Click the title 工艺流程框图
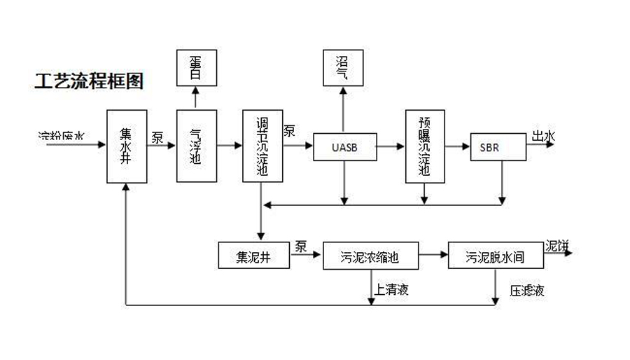point(89,82)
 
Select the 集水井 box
point(127,146)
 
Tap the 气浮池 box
point(197,146)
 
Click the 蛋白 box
point(196,67)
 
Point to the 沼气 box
point(343,67)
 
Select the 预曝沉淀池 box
point(425,146)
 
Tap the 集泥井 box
point(254,256)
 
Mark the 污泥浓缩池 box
point(370,256)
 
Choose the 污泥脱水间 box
point(496,256)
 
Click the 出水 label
point(543,137)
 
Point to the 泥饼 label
point(557,246)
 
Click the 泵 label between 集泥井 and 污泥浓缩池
point(301,246)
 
